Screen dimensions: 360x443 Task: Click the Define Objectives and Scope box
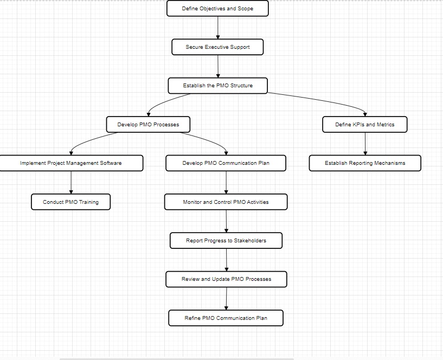click(x=217, y=9)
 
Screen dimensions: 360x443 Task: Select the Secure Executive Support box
click(x=217, y=47)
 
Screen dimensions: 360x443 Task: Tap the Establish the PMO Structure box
click(x=217, y=86)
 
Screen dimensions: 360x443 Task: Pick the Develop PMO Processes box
click(x=148, y=125)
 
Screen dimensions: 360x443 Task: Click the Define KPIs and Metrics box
click(x=364, y=125)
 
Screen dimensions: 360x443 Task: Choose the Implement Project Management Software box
click(x=71, y=163)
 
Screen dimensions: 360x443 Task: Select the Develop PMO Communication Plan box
click(x=226, y=163)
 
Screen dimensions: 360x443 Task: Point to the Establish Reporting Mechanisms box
click(x=365, y=163)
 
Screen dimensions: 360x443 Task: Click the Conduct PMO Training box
click(x=71, y=202)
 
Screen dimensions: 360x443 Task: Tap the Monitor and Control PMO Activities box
click(x=226, y=202)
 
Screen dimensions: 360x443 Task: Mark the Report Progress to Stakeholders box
click(x=226, y=241)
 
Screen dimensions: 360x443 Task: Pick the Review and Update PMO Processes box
click(x=226, y=279)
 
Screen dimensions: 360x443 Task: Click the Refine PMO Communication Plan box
click(x=226, y=318)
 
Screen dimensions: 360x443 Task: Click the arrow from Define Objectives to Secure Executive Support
click(x=218, y=28)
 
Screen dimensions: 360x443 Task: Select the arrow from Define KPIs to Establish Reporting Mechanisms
click(x=365, y=144)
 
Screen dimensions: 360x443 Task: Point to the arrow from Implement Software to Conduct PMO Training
click(x=71, y=183)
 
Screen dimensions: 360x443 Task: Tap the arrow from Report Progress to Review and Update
click(x=227, y=260)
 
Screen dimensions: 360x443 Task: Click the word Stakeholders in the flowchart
click(x=250, y=241)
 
